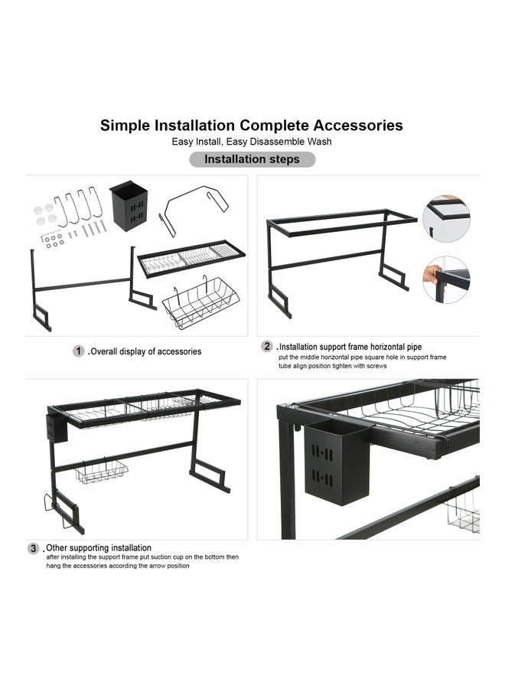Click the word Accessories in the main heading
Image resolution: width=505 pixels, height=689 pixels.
(x=357, y=126)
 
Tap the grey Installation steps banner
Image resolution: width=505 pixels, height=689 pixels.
(x=252, y=159)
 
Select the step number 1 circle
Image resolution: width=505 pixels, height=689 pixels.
(x=79, y=351)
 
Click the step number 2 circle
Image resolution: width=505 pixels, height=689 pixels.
(x=267, y=346)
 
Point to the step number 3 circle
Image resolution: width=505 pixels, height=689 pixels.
(x=34, y=548)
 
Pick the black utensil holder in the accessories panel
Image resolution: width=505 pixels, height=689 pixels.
(x=129, y=206)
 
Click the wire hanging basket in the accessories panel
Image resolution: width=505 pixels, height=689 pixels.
(x=200, y=302)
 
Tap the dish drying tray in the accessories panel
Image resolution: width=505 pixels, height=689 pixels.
(x=191, y=259)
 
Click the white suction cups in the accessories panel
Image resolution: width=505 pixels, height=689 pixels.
(x=45, y=214)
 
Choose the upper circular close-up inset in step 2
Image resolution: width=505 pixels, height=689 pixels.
(x=446, y=218)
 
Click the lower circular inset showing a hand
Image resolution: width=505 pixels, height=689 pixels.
(x=446, y=280)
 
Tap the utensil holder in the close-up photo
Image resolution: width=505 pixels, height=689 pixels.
(x=337, y=462)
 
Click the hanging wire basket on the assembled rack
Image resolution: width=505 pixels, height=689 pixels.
(x=102, y=472)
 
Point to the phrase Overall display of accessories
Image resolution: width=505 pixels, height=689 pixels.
(x=146, y=351)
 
